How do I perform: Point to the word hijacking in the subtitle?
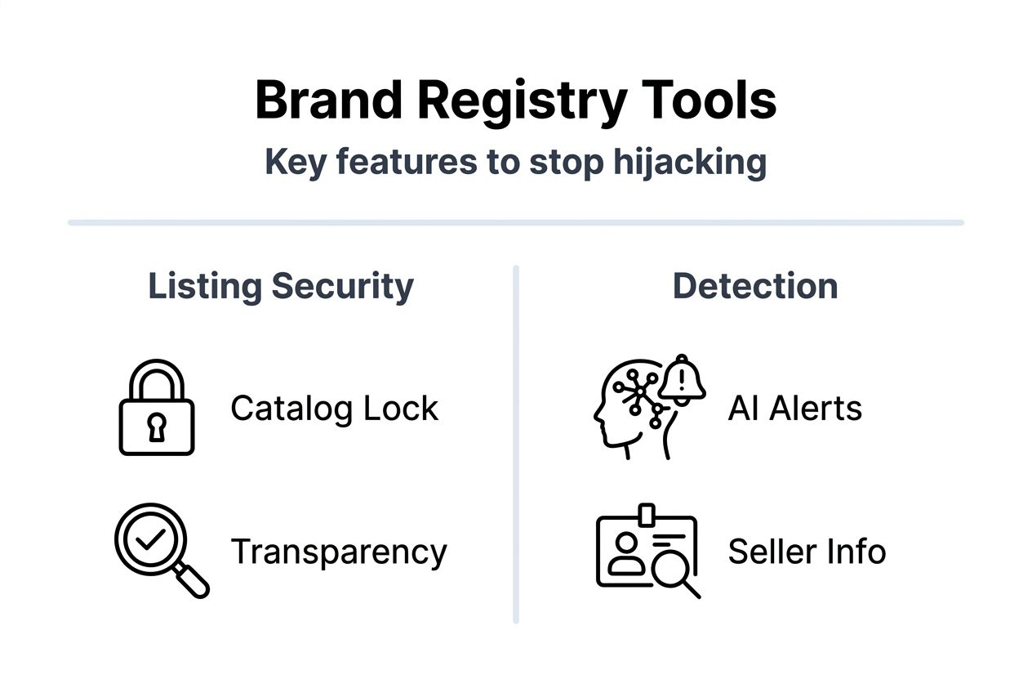pyautogui.click(x=689, y=162)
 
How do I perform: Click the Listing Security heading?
pyautogui.click(x=280, y=286)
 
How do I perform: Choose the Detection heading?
pyautogui.click(x=754, y=286)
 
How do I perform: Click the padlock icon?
pyautogui.click(x=157, y=408)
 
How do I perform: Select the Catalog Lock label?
pyautogui.click(x=334, y=408)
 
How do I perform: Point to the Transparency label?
pyautogui.click(x=339, y=552)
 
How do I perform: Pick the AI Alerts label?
pyautogui.click(x=794, y=408)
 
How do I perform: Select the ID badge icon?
pyautogui.click(x=645, y=549)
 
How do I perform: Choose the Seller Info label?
pyautogui.click(x=807, y=552)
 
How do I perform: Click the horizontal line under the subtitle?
pyautogui.click(x=515, y=222)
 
